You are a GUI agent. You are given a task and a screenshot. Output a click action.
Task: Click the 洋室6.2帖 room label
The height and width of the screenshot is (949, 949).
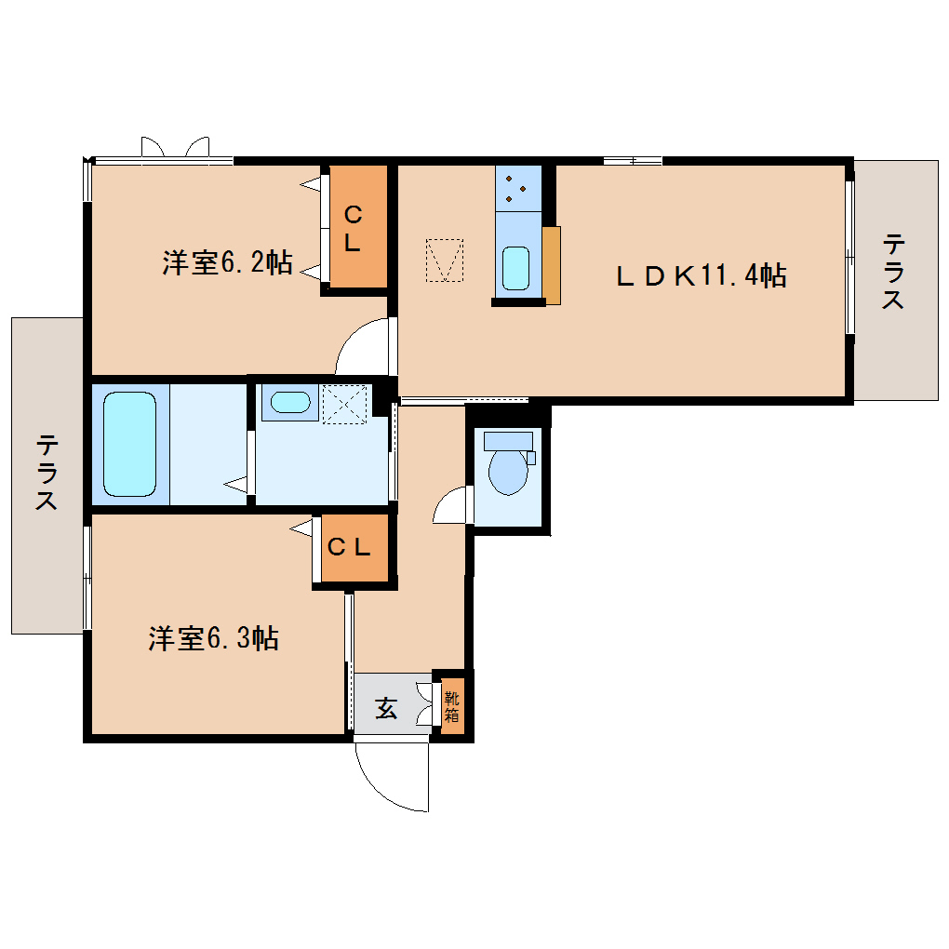pos(227,263)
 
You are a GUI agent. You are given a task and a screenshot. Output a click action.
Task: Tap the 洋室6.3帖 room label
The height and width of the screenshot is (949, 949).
pos(213,638)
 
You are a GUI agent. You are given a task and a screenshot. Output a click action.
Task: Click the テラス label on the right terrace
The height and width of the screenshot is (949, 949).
pos(894,273)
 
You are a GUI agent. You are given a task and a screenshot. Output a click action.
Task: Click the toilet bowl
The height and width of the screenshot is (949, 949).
pos(508,466)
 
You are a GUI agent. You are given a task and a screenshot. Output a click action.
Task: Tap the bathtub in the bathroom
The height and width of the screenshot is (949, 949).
pos(129,443)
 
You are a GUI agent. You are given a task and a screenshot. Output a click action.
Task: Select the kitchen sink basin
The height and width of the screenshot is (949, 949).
pos(516,268)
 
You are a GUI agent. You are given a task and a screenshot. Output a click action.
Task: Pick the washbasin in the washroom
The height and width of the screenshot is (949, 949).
pos(288,403)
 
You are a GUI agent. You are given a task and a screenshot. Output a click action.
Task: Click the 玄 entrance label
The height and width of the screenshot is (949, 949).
pos(386,708)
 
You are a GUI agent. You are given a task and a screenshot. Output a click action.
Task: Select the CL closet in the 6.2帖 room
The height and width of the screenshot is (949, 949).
pos(354,228)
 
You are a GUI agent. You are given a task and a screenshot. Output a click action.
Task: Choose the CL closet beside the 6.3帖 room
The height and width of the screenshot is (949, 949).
pos(348,548)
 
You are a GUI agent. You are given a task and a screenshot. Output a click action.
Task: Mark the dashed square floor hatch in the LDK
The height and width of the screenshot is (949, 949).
pos(444,260)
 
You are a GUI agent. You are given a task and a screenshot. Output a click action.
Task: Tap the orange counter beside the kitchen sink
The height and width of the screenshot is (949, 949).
pos(552,265)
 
